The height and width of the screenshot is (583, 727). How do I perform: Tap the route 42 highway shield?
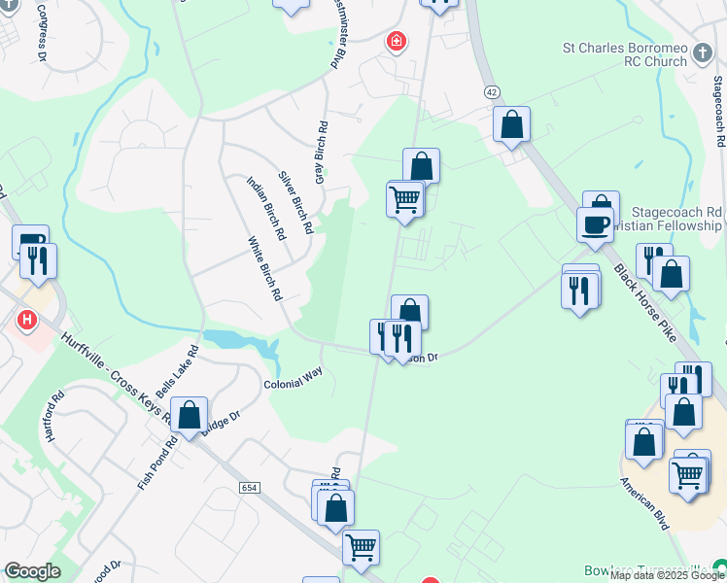[x=493, y=90]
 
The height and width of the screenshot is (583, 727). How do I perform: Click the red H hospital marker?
[x=27, y=318]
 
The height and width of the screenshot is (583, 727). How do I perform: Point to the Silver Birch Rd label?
[x=295, y=203]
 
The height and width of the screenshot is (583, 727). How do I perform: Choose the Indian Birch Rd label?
[x=265, y=208]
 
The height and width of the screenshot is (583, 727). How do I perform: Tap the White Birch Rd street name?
[x=264, y=267]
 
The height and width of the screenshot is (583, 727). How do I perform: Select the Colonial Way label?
[x=293, y=378]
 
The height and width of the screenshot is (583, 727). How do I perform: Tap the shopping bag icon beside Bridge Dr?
[x=190, y=415]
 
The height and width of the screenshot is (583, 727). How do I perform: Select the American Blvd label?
[x=645, y=503]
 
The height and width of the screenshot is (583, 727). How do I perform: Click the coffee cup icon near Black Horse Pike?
[x=595, y=225]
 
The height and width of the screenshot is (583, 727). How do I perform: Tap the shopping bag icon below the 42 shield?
[x=511, y=125]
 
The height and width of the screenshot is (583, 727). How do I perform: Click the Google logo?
[x=32, y=571]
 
